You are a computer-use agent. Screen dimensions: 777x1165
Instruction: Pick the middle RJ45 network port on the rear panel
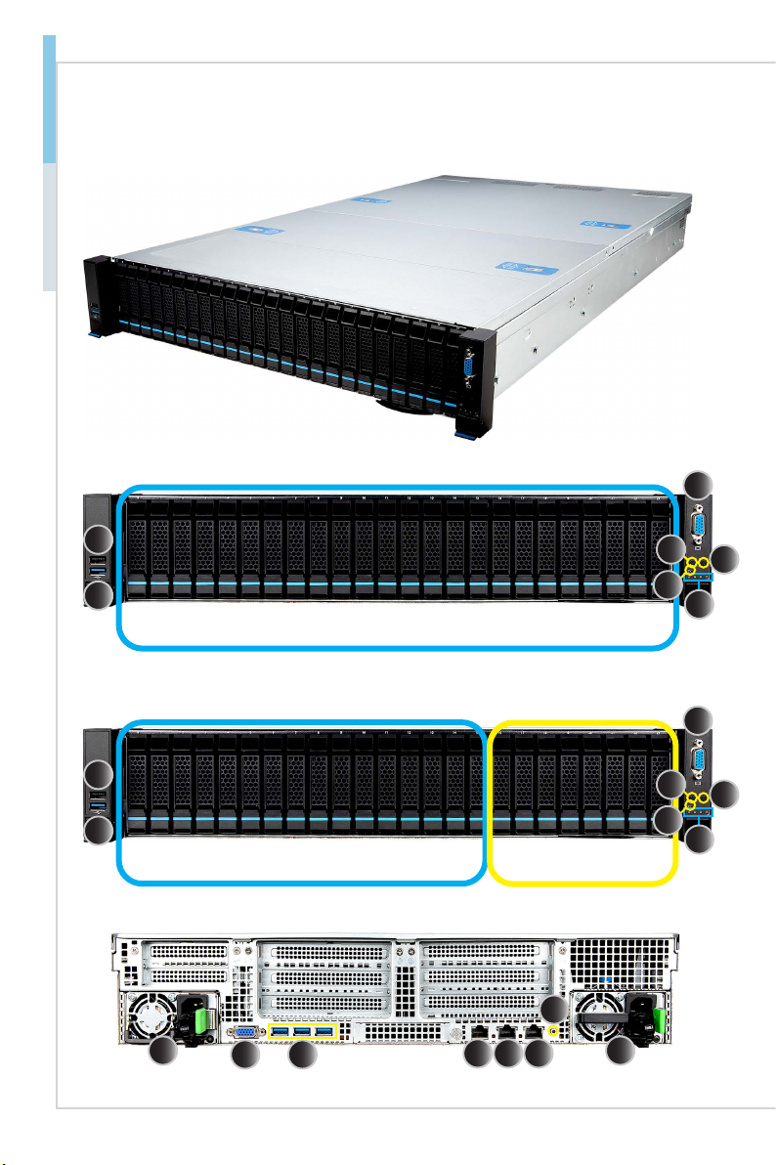click(507, 1031)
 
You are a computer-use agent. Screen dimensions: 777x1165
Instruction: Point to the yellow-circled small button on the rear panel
click(556, 1031)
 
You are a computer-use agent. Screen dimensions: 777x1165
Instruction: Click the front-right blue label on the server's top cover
click(515, 265)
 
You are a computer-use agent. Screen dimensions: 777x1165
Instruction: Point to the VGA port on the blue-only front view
click(699, 529)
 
